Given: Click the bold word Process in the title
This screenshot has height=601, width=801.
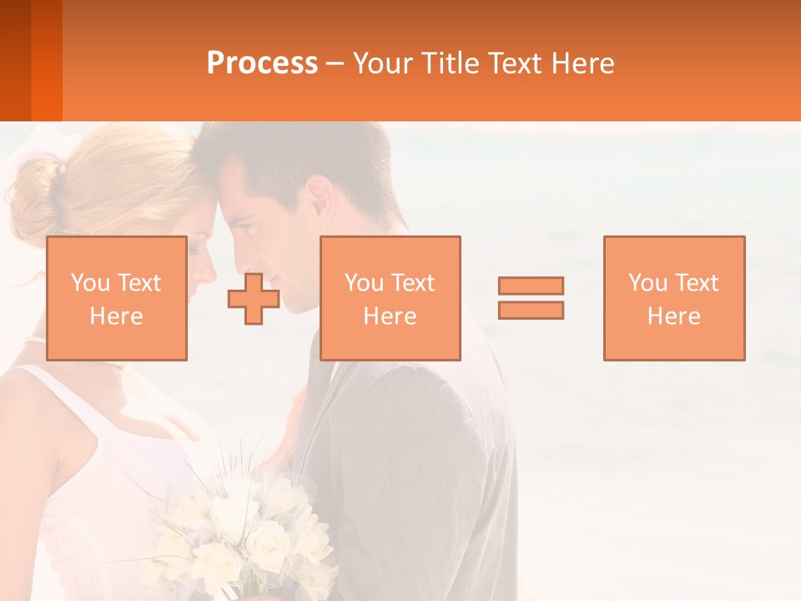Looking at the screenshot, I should [x=262, y=63].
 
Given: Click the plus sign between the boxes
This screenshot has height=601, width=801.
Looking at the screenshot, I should [x=254, y=299].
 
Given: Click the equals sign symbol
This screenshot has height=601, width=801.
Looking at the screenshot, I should [x=531, y=298].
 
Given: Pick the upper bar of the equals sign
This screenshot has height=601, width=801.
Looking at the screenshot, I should [x=531, y=286].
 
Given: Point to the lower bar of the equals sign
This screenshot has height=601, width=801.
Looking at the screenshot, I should [x=531, y=310].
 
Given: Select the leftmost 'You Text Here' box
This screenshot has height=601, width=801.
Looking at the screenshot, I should [x=116, y=298].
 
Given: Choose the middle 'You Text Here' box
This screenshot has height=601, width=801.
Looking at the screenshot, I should [x=390, y=298].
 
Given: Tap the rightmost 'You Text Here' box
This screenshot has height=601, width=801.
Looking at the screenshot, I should [x=673, y=298].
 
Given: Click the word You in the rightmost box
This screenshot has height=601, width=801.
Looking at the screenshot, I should [x=647, y=283].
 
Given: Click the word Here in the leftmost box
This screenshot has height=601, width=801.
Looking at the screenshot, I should [x=116, y=316].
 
